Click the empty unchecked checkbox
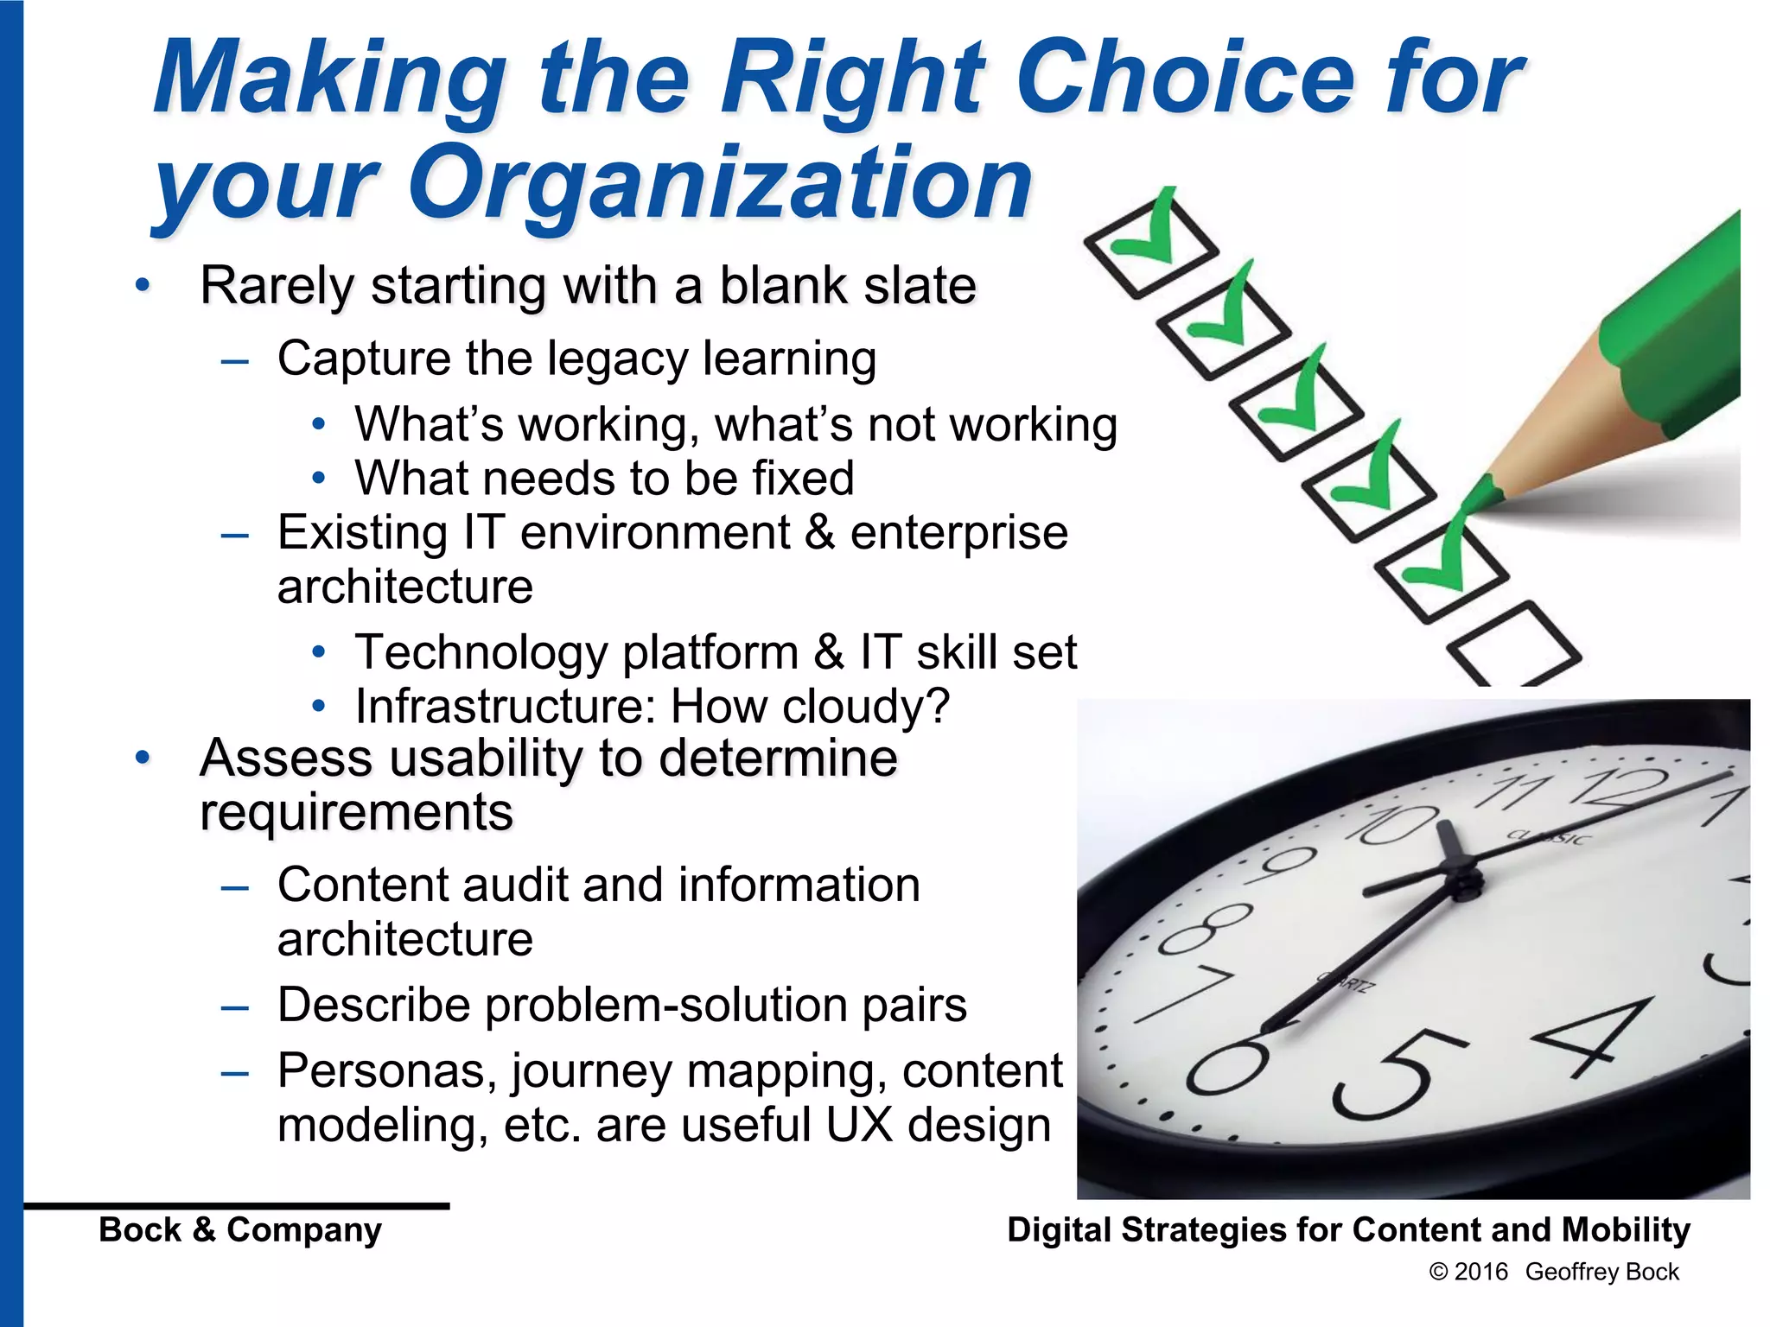(1514, 644)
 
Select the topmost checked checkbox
(1149, 244)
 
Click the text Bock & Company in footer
(240, 1229)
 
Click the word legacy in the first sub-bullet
(619, 359)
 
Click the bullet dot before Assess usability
(143, 759)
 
